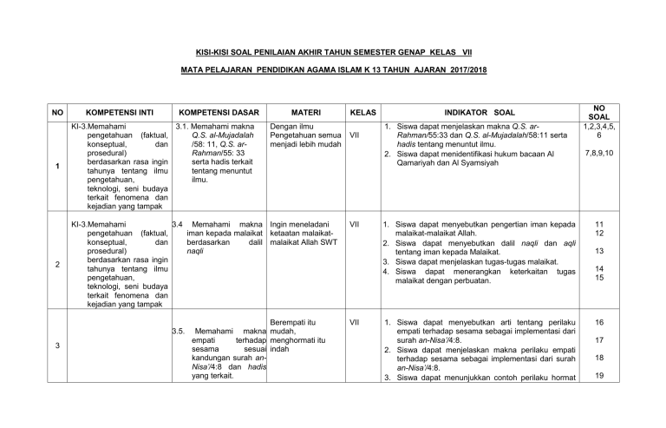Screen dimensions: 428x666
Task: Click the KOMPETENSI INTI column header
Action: tap(121, 112)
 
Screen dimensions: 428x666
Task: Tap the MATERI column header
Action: tap(306, 112)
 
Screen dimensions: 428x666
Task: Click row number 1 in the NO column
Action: tap(55, 168)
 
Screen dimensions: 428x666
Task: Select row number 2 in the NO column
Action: tap(55, 266)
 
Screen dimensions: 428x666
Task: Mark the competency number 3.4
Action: tap(178, 224)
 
